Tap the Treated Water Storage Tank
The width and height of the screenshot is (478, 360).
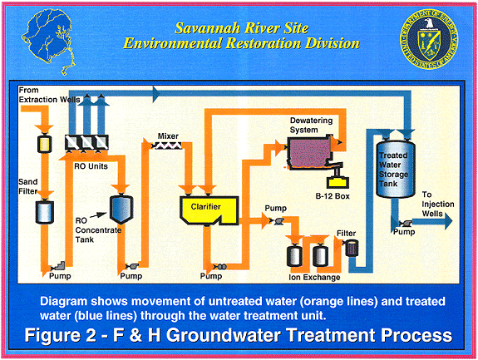[396, 168]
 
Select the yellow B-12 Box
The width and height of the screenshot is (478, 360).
[338, 182]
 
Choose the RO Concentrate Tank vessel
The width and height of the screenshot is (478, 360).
[121, 209]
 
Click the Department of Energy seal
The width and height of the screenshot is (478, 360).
[429, 39]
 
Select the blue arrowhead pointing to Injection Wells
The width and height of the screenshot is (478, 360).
[448, 221]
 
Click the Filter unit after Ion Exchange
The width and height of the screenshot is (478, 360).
[352, 248]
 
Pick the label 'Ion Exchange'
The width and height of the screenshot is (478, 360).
[314, 278]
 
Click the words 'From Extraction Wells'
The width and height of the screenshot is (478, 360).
[49, 95]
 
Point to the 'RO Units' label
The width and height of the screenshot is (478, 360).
[91, 166]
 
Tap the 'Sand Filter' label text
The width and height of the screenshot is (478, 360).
[28, 186]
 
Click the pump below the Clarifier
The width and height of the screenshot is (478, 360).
[220, 267]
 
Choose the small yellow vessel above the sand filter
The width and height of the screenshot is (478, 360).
[45, 144]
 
